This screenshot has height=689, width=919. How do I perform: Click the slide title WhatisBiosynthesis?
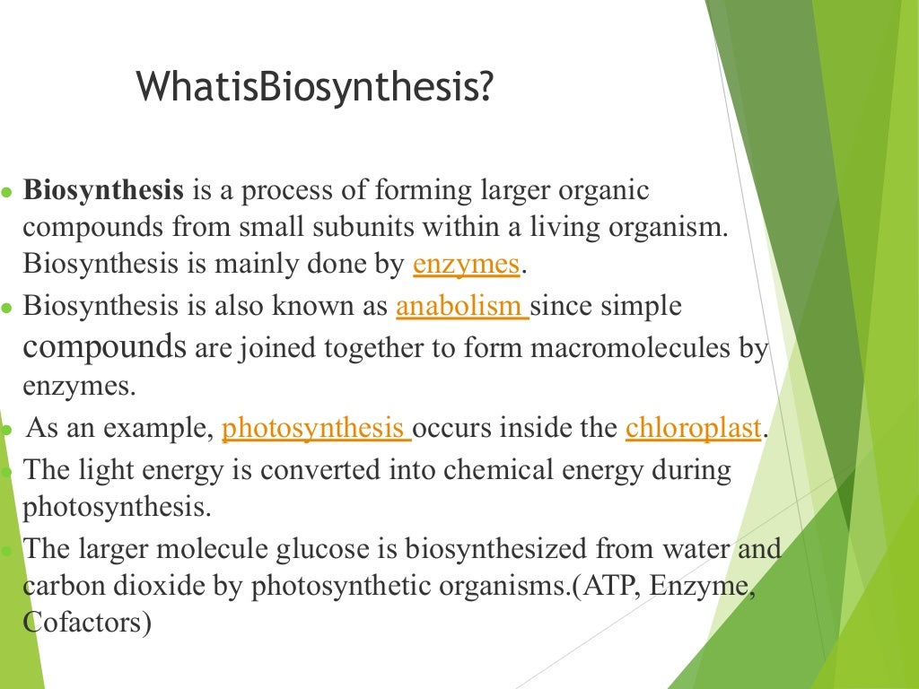coord(314,88)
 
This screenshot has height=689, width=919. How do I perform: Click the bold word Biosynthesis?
coord(103,191)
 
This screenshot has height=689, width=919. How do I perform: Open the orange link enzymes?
coord(466,265)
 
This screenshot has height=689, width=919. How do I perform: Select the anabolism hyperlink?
coord(460,307)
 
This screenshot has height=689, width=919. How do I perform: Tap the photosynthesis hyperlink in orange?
coord(315,429)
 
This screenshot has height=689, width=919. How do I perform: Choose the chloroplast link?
coord(693,429)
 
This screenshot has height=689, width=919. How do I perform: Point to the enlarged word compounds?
coord(104,346)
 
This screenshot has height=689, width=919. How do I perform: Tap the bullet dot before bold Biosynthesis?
coord(6,193)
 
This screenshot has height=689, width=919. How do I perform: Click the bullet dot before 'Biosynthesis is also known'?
coord(6,308)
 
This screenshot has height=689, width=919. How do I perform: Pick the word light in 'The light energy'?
coord(104,470)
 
